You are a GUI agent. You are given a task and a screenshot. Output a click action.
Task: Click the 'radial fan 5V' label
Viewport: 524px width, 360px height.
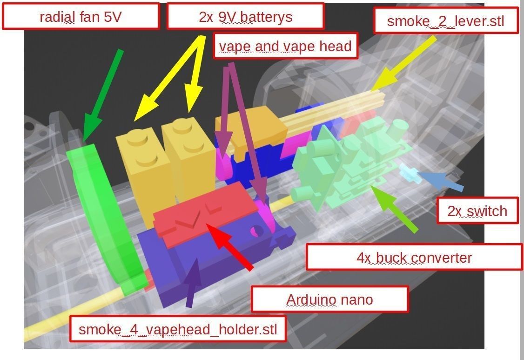point(81,17)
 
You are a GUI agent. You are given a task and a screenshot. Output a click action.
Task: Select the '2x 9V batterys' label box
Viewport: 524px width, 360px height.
point(245,17)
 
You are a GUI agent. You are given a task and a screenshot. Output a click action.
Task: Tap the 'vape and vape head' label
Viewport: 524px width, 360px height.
point(285,46)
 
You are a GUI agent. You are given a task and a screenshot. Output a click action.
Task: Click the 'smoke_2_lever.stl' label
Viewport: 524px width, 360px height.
point(445,21)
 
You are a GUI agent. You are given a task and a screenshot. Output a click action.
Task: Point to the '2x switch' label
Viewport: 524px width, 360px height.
point(477,211)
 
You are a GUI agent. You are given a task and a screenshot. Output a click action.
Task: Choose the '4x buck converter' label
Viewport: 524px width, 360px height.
point(414,257)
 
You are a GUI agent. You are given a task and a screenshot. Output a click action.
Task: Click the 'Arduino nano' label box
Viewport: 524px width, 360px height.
point(329,299)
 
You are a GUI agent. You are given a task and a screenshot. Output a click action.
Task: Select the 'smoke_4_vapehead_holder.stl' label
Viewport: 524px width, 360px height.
point(178,329)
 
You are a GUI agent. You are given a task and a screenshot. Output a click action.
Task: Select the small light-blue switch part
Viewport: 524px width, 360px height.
point(409,172)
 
